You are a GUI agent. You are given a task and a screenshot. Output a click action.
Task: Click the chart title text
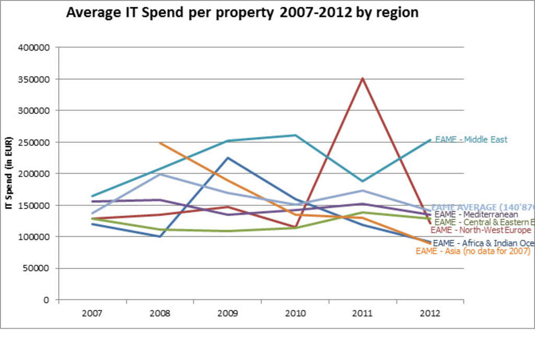242,13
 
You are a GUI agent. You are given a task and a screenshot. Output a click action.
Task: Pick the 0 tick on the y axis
46,300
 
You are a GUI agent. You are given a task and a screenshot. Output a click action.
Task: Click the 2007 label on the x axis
92,313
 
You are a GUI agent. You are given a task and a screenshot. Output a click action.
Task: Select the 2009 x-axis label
227,313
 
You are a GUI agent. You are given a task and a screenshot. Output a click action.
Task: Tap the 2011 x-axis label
362,313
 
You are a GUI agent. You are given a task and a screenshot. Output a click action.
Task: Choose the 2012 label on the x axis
429,313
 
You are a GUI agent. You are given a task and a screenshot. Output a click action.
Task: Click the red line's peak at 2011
362,78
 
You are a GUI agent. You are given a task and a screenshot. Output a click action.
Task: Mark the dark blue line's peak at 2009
227,158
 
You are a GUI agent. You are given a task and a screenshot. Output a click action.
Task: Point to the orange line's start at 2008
160,143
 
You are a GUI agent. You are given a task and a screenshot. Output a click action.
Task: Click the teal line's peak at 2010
295,135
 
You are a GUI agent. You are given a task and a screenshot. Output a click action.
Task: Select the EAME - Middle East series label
471,140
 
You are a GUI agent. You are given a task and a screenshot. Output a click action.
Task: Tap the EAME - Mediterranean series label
476,214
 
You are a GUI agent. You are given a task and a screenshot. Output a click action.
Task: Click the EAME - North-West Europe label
481,230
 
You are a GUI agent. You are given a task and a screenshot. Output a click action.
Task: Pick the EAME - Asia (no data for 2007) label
473,251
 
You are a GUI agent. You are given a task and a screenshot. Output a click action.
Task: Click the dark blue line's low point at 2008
160,236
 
